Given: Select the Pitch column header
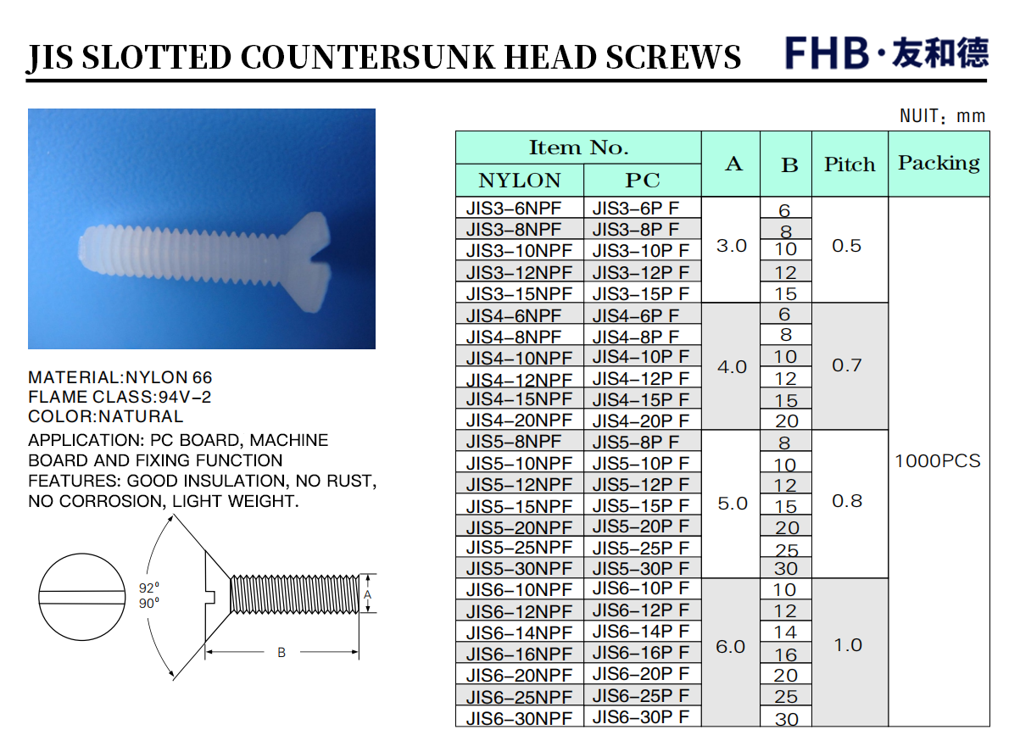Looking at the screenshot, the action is (x=850, y=164).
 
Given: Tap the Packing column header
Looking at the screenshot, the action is (x=939, y=164).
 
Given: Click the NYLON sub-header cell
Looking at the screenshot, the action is (x=520, y=181).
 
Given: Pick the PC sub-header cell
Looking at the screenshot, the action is (x=643, y=181).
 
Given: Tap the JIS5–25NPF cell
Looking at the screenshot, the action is (x=519, y=548).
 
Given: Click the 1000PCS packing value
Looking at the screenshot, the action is (x=938, y=461).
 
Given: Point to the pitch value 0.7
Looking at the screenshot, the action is (x=847, y=365).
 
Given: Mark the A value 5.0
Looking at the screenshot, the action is (x=733, y=504).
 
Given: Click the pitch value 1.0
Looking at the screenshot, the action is (x=848, y=645).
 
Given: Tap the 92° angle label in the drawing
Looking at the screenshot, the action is (x=149, y=588).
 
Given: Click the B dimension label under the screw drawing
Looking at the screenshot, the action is (x=281, y=653).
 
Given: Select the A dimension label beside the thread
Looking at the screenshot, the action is (x=367, y=594).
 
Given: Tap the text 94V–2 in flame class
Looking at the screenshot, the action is (x=185, y=397).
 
